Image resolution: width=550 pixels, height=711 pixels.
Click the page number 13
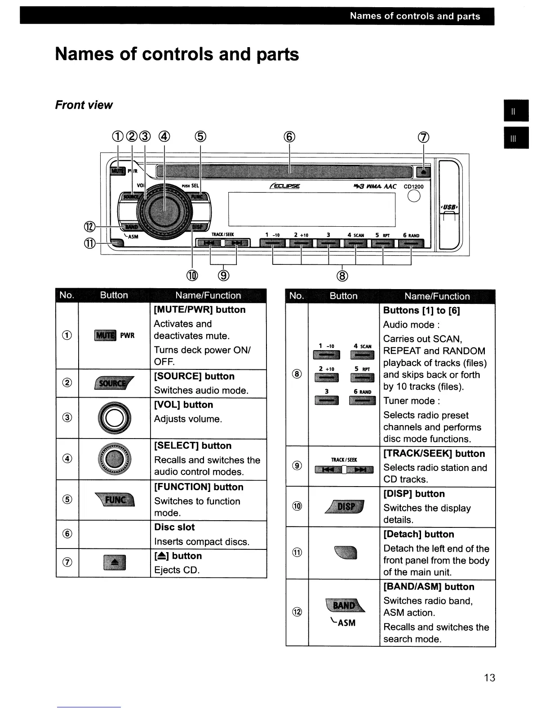click(x=489, y=677)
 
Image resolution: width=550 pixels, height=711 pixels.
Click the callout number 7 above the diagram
click(x=424, y=138)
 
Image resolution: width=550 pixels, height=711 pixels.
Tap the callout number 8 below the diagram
click(x=342, y=276)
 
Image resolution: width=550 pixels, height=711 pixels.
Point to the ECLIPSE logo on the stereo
click(x=285, y=186)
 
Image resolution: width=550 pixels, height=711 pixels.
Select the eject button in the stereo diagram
click(x=424, y=172)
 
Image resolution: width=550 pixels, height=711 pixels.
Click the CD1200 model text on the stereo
click(x=413, y=187)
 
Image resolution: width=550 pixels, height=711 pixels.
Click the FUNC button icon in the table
click(x=115, y=500)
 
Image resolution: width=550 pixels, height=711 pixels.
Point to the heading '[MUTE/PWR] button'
click(x=200, y=310)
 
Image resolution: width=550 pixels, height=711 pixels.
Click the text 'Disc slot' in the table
click(x=174, y=527)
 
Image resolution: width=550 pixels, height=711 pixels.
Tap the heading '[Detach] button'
click(x=418, y=534)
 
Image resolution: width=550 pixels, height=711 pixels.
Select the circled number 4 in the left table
click(x=67, y=459)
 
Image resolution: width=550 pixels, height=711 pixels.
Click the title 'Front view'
click(x=84, y=105)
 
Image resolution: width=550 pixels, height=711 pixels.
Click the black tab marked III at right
click(x=516, y=138)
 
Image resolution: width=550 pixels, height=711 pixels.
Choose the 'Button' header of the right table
click(x=343, y=296)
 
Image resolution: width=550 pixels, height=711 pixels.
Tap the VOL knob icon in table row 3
click(x=115, y=418)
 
